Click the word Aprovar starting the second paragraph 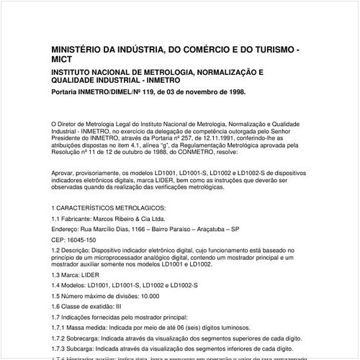[x=63, y=174]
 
